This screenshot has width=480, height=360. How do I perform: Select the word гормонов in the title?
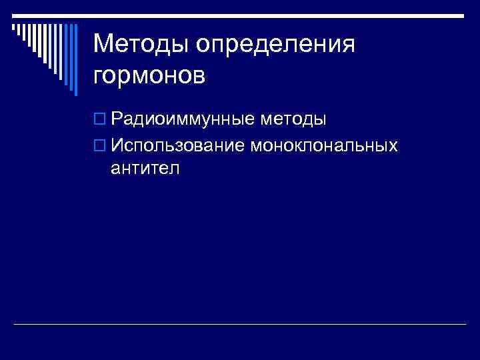coord(149,75)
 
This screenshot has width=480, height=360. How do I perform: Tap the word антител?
coord(145,169)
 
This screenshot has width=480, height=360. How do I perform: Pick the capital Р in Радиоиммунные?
coord(117,120)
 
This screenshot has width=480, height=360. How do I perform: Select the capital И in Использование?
coord(117,145)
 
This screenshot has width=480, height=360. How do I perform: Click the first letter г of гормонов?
coord(99,77)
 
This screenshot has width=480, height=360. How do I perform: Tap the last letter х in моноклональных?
coord(393,145)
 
